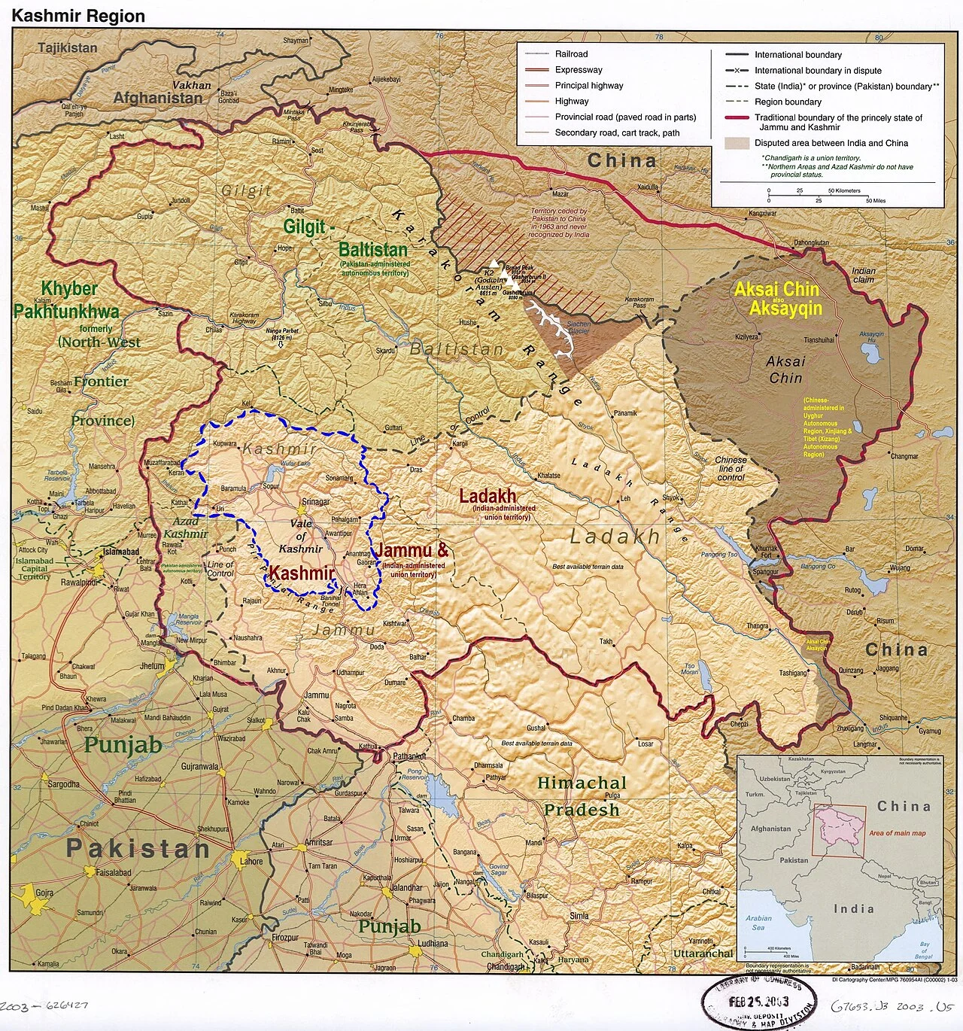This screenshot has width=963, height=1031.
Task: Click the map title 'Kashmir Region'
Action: (x=78, y=16)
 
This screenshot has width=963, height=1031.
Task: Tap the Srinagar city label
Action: (x=315, y=502)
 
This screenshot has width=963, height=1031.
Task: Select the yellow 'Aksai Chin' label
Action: (x=776, y=289)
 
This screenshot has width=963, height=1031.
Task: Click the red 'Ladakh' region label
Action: (x=488, y=496)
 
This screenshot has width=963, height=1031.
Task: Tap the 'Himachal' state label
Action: (x=582, y=783)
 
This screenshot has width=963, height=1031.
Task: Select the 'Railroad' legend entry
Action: (x=571, y=54)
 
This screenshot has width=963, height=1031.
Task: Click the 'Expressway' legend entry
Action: (x=579, y=70)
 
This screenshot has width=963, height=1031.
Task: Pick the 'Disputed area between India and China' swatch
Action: (x=736, y=143)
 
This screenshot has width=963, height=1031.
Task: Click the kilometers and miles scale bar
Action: (x=819, y=196)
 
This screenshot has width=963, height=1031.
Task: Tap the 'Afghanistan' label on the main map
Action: (x=157, y=98)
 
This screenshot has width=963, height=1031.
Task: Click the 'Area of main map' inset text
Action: (x=897, y=833)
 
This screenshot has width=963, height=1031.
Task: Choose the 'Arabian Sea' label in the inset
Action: (x=758, y=923)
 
